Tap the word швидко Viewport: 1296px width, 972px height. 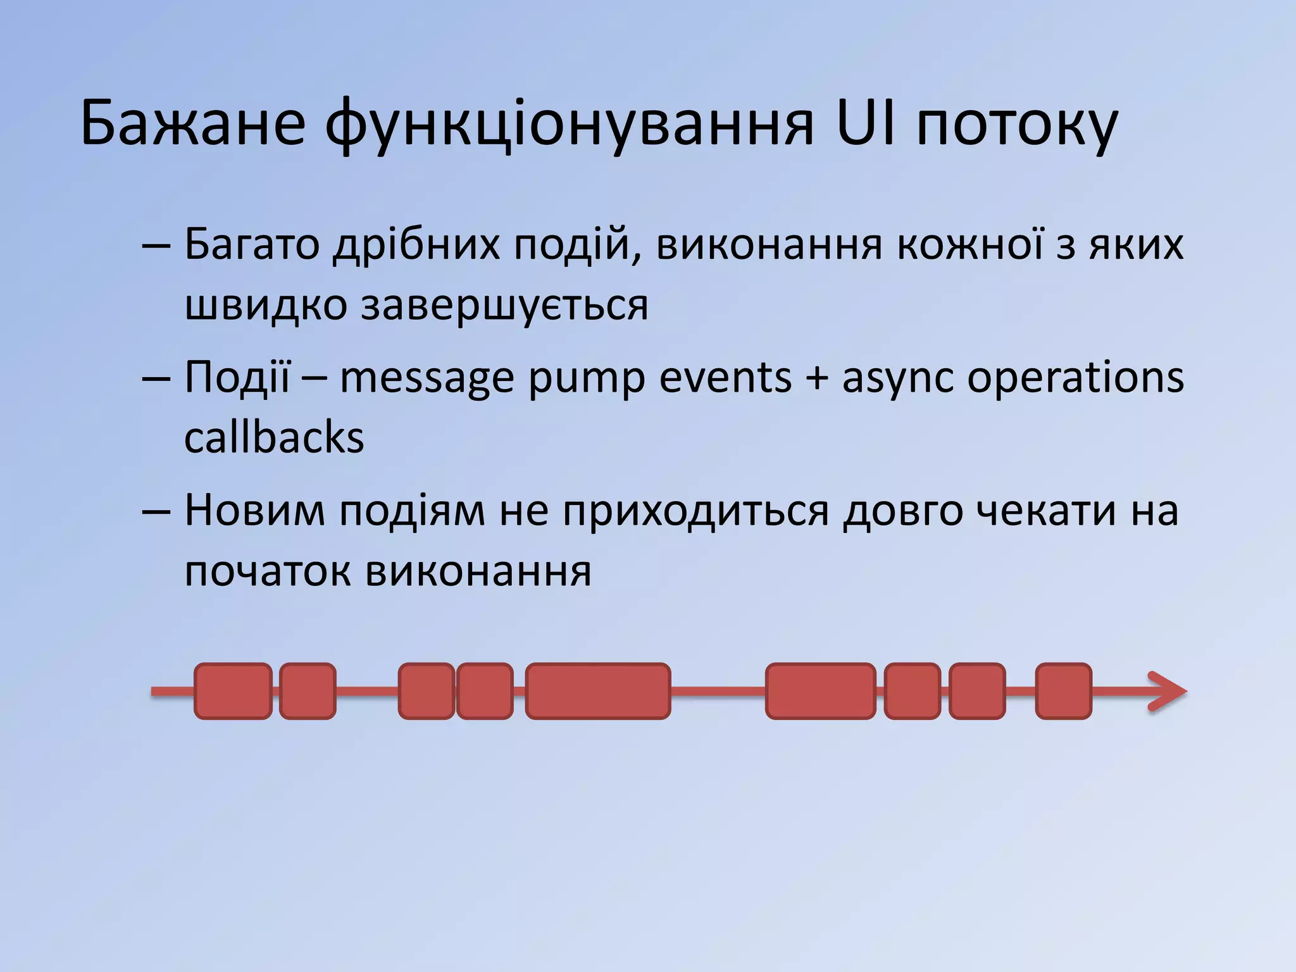pos(266,305)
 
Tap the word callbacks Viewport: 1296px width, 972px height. pos(274,438)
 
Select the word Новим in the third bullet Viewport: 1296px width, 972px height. pos(254,510)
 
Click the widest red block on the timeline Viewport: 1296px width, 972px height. pos(598,691)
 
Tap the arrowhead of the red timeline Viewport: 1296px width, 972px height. pos(1171,691)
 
